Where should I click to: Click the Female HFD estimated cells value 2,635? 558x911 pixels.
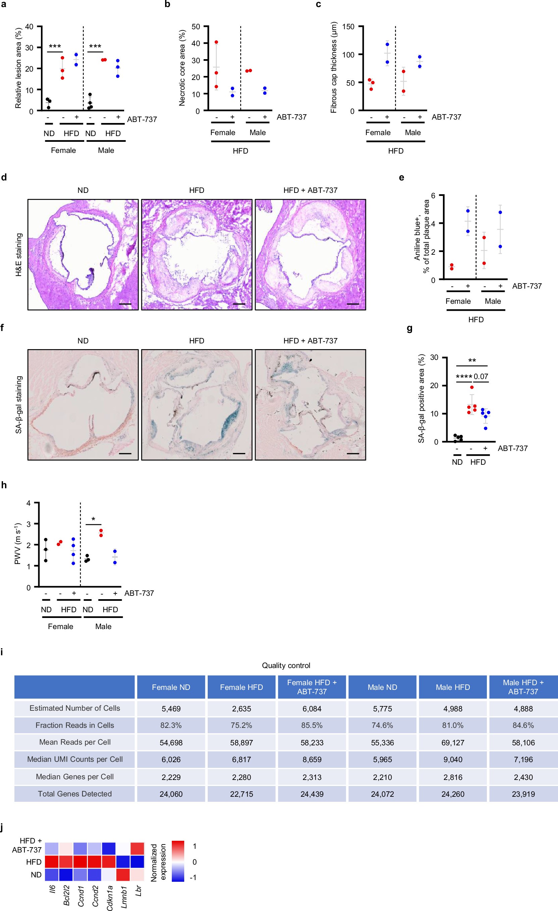click(241, 709)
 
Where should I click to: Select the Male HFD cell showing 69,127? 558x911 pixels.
click(453, 743)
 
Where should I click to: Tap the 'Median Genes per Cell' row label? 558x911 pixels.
click(74, 777)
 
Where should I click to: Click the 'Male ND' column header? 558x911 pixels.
click(382, 687)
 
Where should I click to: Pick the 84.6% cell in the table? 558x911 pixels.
click(523, 726)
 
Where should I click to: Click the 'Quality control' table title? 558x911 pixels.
click(286, 665)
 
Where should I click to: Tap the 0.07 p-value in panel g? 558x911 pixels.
click(481, 377)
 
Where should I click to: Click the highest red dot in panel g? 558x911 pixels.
click(471, 387)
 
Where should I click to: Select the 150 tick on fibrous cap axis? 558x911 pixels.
click(348, 27)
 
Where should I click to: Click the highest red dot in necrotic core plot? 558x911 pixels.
click(216, 42)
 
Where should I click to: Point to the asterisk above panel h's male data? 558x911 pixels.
click(93, 519)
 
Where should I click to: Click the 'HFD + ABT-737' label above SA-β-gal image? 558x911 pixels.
click(310, 340)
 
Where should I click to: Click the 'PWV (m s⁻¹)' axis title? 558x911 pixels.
click(18, 544)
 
